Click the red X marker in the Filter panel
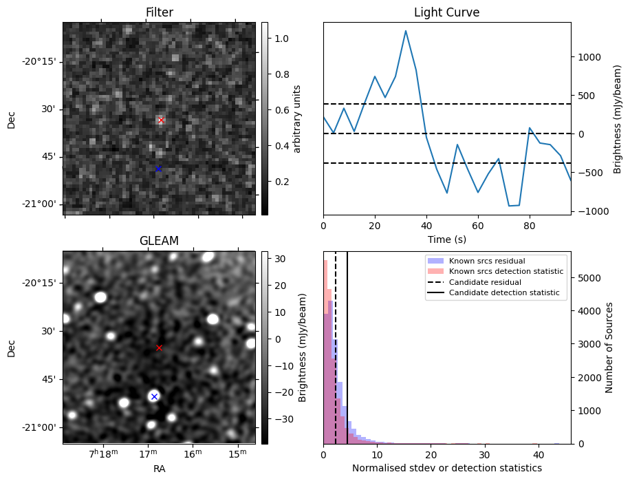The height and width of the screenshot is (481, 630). pyautogui.click(x=161, y=120)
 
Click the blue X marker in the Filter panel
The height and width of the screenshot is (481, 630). pyautogui.click(x=158, y=169)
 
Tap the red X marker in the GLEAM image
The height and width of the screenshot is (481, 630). pyautogui.click(x=159, y=348)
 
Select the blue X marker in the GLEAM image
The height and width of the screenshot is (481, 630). pyautogui.click(x=154, y=396)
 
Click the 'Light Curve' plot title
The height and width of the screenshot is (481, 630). pyautogui.click(x=446, y=12)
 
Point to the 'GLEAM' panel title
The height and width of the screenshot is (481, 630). pyautogui.click(x=159, y=241)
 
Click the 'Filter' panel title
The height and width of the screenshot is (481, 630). pyautogui.click(x=159, y=12)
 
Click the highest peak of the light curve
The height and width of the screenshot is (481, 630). pyautogui.click(x=406, y=31)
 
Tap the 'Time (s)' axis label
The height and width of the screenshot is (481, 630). pyautogui.click(x=446, y=239)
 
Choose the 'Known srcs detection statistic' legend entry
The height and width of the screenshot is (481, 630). pyautogui.click(x=506, y=271)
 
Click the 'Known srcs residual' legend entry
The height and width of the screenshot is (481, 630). pyautogui.click(x=486, y=261)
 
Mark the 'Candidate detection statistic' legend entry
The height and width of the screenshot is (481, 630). pyautogui.click(x=503, y=293)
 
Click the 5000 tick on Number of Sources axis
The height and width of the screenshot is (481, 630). pyautogui.click(x=589, y=278)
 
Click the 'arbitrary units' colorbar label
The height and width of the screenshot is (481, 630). pyautogui.click(x=297, y=118)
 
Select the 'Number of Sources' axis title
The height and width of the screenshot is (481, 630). pyautogui.click(x=609, y=348)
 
